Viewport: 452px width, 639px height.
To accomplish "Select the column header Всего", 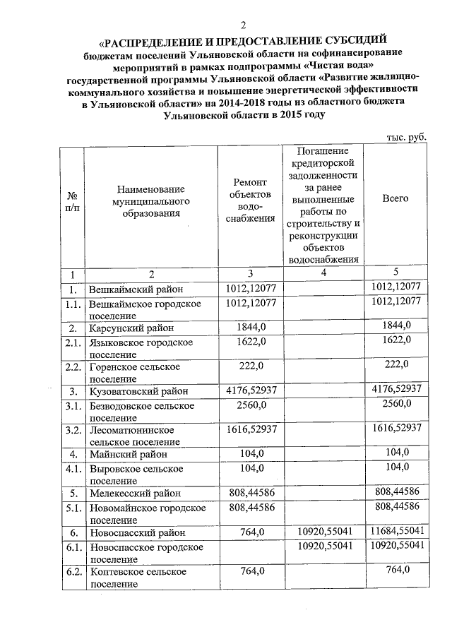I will pos(395,198).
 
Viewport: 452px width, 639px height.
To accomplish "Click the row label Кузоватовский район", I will pos(138,390).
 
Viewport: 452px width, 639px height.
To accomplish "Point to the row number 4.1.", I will pos(72,469).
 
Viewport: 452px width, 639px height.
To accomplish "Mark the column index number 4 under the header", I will pos(324,273).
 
